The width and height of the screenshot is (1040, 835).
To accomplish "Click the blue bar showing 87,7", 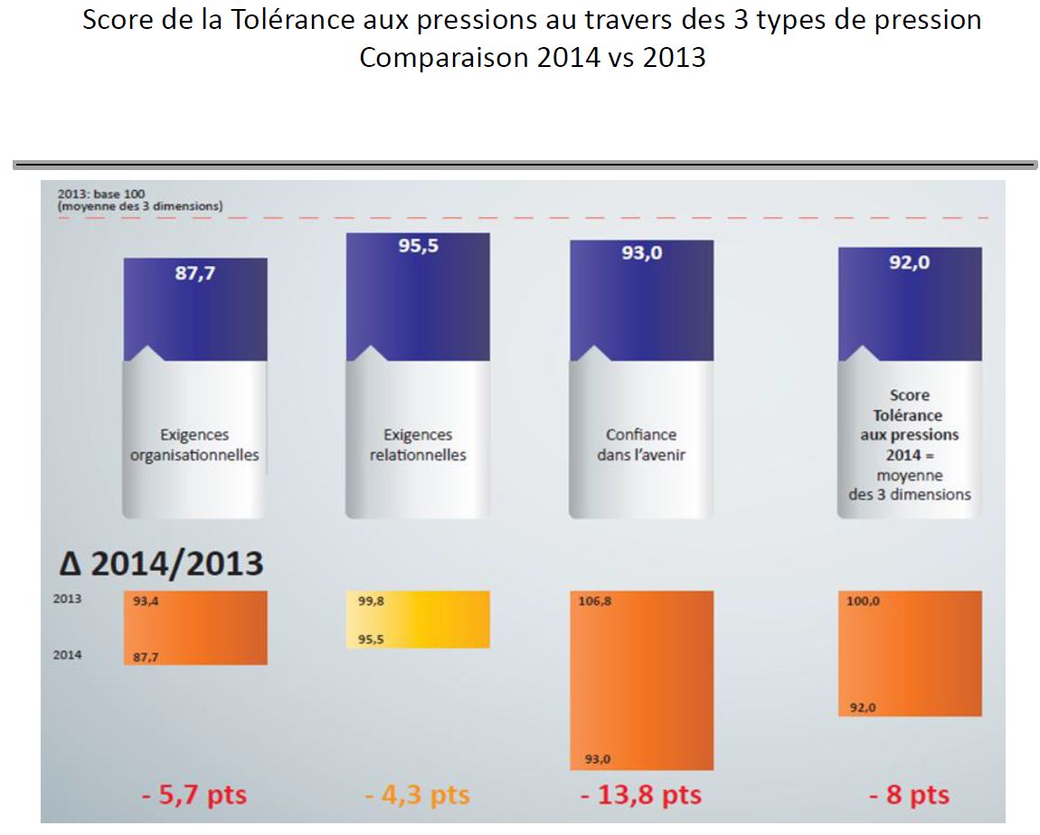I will [x=195, y=308].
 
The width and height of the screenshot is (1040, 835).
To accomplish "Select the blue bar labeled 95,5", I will [x=418, y=299].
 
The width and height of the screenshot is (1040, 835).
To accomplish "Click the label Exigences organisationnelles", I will [x=194, y=445].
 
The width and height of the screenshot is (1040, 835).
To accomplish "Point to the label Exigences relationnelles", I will [x=418, y=445].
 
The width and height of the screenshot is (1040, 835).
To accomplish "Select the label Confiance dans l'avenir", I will [x=641, y=445].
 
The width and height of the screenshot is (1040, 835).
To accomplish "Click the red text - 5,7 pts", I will [x=194, y=795].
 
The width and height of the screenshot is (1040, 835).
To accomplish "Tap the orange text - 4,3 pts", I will [x=418, y=795].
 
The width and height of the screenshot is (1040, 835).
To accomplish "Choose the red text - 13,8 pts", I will [x=641, y=795].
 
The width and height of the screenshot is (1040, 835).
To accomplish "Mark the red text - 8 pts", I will [x=909, y=795].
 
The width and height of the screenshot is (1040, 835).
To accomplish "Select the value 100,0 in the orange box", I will [x=864, y=601].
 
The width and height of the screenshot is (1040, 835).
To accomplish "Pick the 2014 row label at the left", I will [x=67, y=655].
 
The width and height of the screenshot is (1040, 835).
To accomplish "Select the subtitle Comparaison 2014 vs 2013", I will [x=532, y=57].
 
